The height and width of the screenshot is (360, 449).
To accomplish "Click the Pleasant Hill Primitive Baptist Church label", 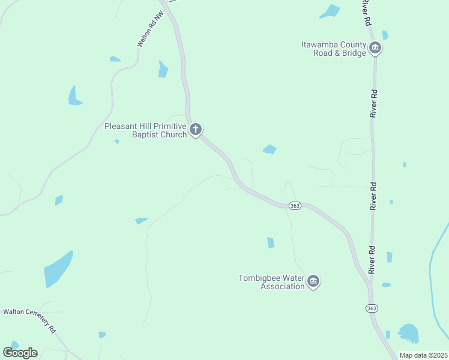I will [x=146, y=130].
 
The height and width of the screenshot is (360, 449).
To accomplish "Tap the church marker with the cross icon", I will [x=196, y=129].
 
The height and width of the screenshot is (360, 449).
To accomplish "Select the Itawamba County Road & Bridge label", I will [x=333, y=49].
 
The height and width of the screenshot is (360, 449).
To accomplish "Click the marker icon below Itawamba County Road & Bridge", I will [x=375, y=48].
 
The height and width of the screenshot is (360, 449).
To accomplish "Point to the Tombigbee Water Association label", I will [x=271, y=282].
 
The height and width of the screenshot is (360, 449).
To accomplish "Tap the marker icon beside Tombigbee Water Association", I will [x=313, y=281].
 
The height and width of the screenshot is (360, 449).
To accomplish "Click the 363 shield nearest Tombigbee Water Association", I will [x=294, y=206].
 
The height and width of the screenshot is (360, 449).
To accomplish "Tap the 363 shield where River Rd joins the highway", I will [x=372, y=308].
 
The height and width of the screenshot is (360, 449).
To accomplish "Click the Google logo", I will [x=20, y=352].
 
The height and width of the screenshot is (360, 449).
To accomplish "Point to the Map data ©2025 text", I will [x=423, y=355].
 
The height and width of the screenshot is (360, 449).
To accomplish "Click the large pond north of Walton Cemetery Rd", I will [x=58, y=269].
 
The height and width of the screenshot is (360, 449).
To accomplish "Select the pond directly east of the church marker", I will [x=270, y=149].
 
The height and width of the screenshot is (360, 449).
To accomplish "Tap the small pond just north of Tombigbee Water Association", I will [x=271, y=242].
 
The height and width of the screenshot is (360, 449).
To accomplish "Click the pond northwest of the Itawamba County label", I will [x=330, y=11].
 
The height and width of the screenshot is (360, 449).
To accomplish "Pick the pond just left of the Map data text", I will [x=409, y=332].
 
